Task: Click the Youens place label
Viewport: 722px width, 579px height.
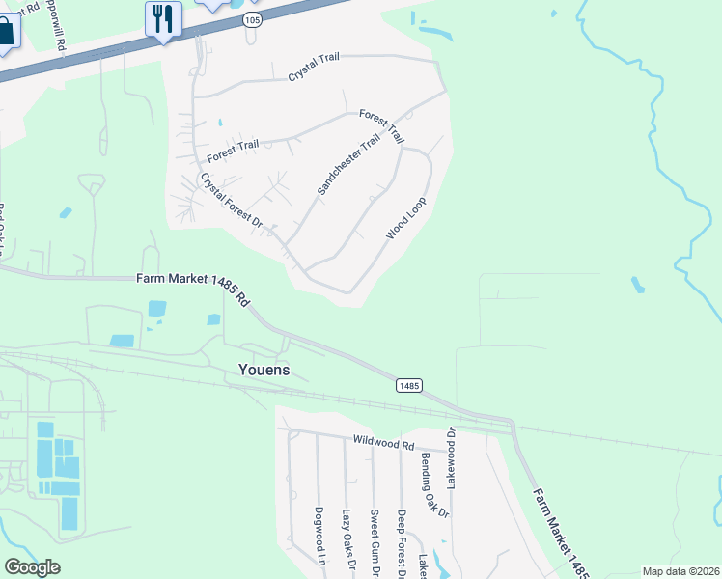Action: [264, 370]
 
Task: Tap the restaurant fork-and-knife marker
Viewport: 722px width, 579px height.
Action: [163, 18]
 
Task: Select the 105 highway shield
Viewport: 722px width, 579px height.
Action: [251, 21]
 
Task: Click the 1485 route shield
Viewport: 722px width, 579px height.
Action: [408, 385]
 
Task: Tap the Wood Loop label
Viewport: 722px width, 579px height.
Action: [405, 218]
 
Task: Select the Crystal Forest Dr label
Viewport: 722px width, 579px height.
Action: [232, 201]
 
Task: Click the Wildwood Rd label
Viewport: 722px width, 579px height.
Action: [382, 446]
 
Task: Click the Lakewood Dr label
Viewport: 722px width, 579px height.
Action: [452, 459]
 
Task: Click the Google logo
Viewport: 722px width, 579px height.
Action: [32, 567]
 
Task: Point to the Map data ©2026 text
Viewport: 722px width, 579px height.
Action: [680, 571]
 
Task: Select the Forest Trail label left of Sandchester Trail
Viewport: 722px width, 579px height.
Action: [233, 145]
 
